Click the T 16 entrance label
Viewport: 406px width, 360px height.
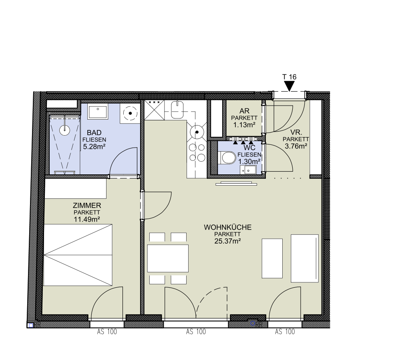click(x=289, y=77)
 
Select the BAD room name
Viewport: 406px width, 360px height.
click(x=94, y=133)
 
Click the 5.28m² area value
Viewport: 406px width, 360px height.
click(x=94, y=147)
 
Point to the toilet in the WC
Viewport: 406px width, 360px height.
click(x=227, y=158)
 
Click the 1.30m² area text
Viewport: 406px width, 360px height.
click(x=249, y=162)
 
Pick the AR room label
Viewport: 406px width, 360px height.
click(x=244, y=111)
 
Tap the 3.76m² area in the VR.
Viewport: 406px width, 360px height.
click(x=296, y=146)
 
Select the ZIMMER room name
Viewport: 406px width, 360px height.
click(x=87, y=206)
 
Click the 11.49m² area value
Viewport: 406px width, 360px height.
click(x=87, y=220)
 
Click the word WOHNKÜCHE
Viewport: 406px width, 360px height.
click(x=227, y=227)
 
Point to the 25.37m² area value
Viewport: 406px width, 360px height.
click(x=227, y=241)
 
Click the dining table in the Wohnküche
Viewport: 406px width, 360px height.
click(x=168, y=258)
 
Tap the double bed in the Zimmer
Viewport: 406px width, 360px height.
click(x=78, y=255)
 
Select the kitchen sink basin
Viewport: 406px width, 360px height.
click(x=177, y=110)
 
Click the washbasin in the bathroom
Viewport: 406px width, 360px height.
click(x=98, y=112)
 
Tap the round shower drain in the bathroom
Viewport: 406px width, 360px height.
click(x=64, y=130)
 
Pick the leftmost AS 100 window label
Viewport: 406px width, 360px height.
click(x=107, y=332)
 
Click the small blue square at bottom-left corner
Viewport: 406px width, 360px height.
click(x=30, y=325)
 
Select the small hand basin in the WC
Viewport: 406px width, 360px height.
click(x=248, y=170)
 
